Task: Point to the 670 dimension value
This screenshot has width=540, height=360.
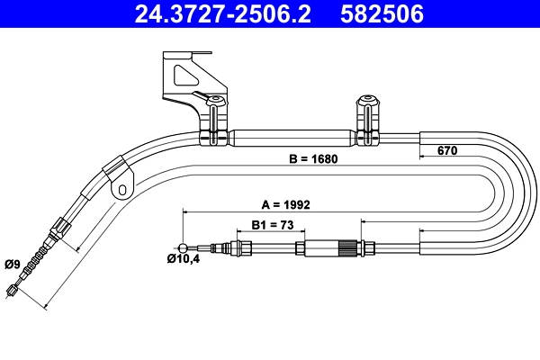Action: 447,150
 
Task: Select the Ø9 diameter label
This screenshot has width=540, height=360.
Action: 13,264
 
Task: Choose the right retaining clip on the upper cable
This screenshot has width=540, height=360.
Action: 368,121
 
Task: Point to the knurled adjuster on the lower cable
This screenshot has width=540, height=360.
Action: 347,247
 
